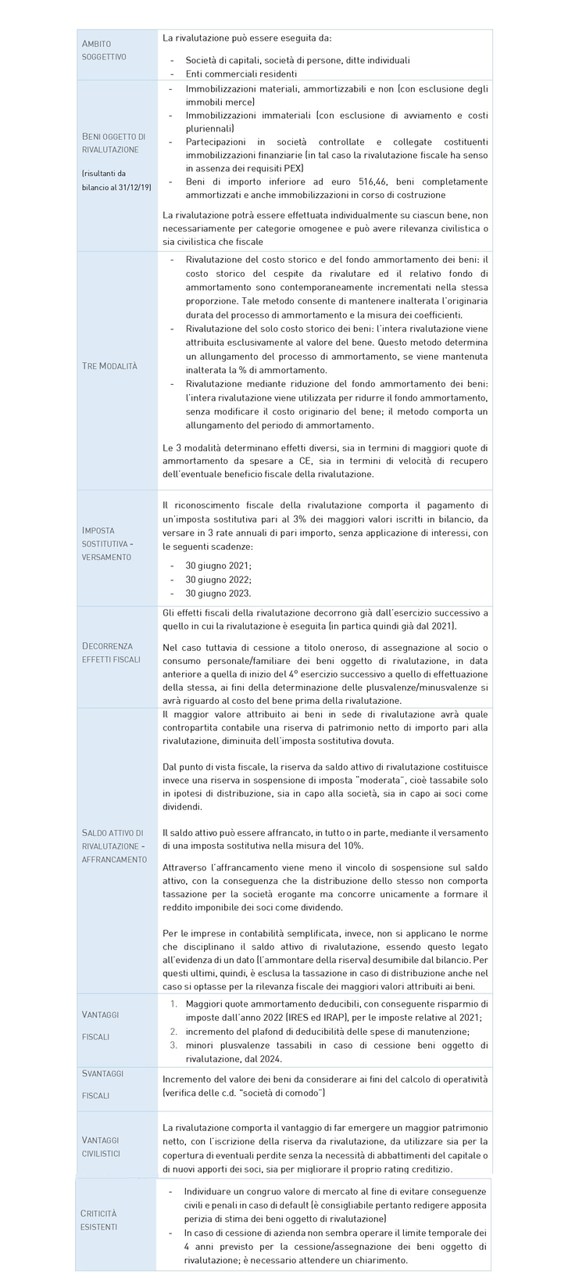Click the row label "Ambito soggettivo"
point(104,50)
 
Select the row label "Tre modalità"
point(109,366)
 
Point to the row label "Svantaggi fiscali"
point(102,1084)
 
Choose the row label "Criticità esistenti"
point(99,1219)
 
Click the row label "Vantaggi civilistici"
point(102,1146)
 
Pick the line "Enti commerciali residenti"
point(241,73)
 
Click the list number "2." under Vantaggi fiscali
point(174,1032)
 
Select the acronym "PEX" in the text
point(291,168)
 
